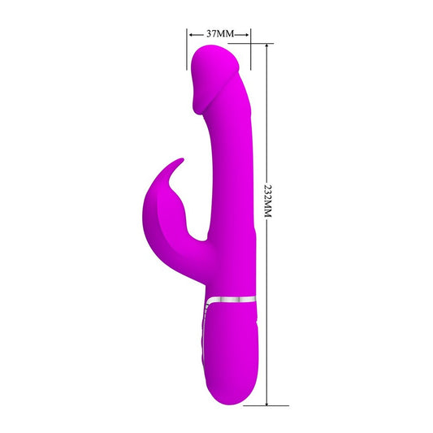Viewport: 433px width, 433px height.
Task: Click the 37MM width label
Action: click(219, 35)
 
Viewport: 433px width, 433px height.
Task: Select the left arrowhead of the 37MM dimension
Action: click(190, 35)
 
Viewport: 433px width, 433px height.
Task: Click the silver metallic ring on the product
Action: click(233, 300)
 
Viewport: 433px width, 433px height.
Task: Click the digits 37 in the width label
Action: click(211, 35)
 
